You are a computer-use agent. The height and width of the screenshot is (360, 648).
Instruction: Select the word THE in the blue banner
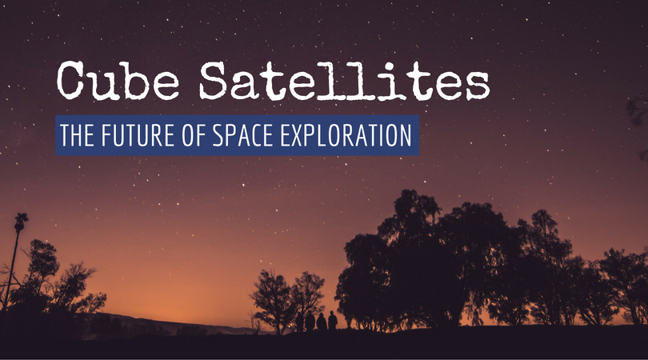(78, 136)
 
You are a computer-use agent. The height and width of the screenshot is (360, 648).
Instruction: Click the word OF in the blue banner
(199, 136)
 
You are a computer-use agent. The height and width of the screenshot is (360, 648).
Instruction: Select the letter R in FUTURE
(165, 136)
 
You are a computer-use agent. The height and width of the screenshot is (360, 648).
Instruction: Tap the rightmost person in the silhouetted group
(332, 321)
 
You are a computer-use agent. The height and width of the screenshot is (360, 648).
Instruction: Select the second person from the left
(310, 322)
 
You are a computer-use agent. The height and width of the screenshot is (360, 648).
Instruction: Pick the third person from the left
(321, 322)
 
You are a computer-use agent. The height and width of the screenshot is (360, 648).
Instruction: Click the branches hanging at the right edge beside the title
(638, 112)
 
